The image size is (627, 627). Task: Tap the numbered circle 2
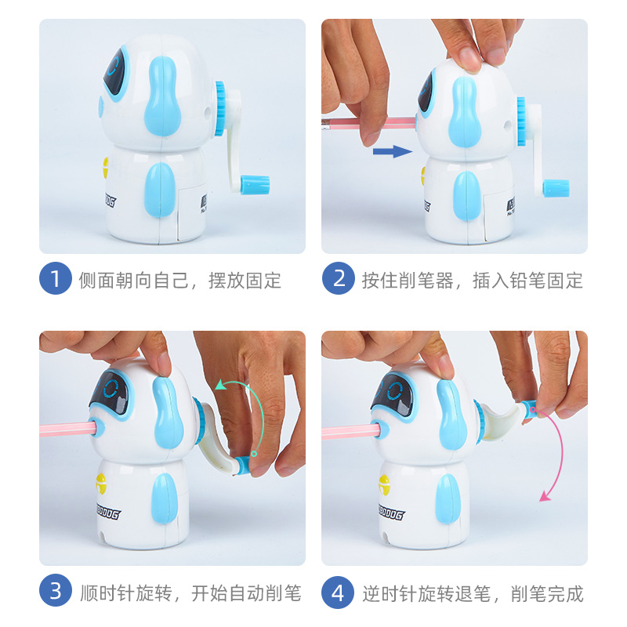pyautogui.click(x=338, y=280)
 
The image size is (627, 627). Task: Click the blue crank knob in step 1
pyautogui.click(x=256, y=185)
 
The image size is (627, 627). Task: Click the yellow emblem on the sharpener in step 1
pyautogui.click(x=104, y=167)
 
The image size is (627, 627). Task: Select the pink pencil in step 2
pyautogui.click(x=368, y=122)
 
